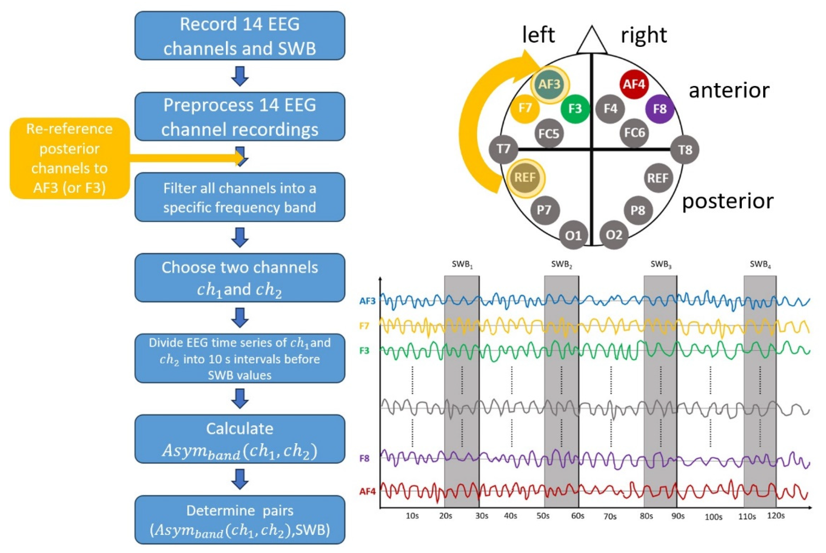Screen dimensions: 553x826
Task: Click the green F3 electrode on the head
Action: (575, 109)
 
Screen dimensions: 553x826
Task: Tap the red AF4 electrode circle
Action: (634, 84)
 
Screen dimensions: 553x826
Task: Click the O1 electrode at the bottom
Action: (573, 235)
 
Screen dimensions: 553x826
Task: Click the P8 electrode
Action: (637, 210)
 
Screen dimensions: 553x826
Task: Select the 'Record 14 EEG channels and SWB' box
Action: (240, 36)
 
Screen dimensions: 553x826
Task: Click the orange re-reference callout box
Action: (69, 158)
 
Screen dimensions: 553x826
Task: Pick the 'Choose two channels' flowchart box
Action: (240, 278)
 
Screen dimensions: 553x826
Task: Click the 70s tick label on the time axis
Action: (610, 517)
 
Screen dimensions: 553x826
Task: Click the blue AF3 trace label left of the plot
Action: (367, 301)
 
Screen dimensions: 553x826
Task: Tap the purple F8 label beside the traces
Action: (364, 458)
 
